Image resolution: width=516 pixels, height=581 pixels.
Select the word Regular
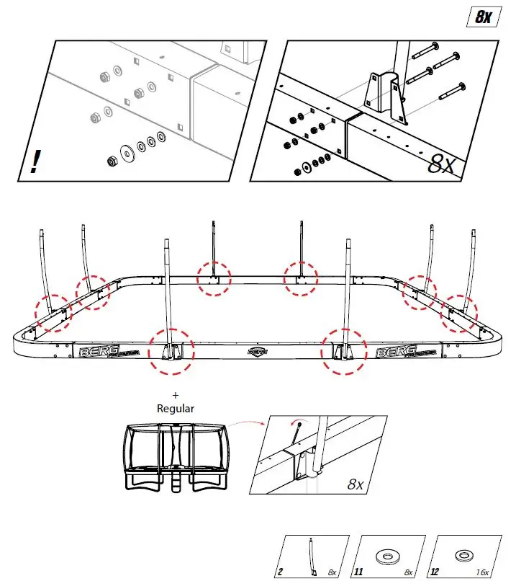coord(176,408)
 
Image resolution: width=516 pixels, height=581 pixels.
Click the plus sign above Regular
coord(175,396)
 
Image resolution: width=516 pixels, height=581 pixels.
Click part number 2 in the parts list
coord(280,572)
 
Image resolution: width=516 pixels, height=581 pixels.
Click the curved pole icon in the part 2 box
coord(313,556)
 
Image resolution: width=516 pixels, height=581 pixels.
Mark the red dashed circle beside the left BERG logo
coord(171,352)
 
